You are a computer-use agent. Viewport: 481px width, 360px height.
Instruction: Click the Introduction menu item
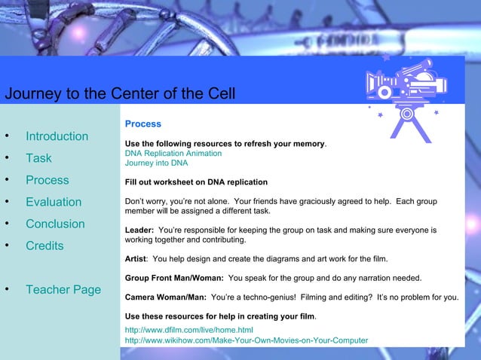57,136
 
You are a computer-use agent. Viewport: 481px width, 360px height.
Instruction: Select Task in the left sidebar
38,158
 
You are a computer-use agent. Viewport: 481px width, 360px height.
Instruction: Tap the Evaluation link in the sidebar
53,202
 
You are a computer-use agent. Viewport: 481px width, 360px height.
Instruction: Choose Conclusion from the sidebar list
55,224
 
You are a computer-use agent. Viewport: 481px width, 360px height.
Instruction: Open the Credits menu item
44,246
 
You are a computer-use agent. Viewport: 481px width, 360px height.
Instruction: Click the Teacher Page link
63,289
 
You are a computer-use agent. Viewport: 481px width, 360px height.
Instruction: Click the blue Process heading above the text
142,124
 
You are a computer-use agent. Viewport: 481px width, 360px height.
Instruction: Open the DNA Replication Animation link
173,153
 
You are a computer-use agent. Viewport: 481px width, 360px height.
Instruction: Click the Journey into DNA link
156,163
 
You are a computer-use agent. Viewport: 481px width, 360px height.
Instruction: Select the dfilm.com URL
188,330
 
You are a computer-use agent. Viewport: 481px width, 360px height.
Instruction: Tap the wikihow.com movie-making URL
246,340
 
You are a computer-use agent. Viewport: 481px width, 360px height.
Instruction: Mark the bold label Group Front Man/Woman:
174,278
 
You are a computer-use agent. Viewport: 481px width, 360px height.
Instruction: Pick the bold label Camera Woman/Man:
165,297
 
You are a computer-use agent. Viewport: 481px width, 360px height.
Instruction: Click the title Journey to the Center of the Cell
120,94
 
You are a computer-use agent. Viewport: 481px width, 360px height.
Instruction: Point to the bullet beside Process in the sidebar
7,180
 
